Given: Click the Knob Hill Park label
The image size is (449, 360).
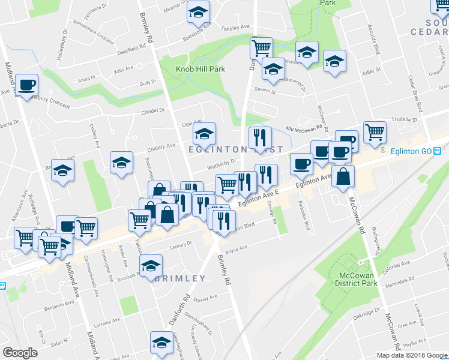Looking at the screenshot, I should click(200, 69).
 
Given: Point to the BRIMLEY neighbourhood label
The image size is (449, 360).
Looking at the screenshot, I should click(181, 278).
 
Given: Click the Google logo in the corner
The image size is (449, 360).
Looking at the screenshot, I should click(20, 353).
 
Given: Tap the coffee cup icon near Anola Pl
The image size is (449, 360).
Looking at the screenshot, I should click(26, 85).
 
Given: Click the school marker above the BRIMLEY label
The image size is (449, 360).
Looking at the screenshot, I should click(151, 264).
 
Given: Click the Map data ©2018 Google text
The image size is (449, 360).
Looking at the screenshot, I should click(411, 355).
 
